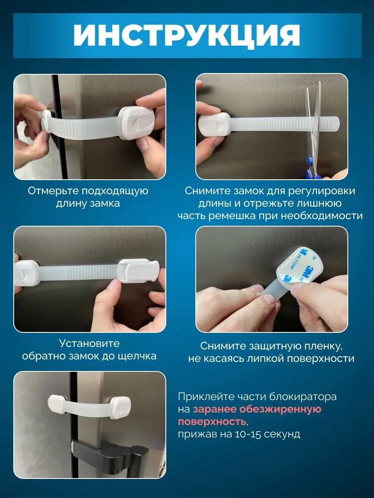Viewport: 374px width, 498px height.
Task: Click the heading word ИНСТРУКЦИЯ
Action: click(187, 35)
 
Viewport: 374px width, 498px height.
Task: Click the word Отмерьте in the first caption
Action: click(53, 191)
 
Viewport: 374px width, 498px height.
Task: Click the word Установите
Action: click(89, 343)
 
